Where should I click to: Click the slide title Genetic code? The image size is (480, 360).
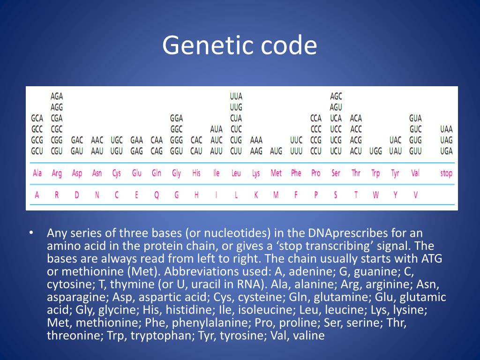[240, 46]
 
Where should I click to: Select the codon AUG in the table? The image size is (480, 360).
[276, 151]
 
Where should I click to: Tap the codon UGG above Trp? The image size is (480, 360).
[375, 151]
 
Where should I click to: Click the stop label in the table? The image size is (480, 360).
[446, 173]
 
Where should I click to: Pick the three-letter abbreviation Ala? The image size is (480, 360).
[37, 173]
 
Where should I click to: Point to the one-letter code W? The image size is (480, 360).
[375, 195]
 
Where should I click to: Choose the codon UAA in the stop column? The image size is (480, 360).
[446, 129]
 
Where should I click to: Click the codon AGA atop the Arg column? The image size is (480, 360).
[57, 96]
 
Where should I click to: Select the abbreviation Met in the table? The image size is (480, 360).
[276, 173]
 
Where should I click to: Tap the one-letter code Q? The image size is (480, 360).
[157, 195]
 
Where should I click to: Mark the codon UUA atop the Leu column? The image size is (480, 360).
[236, 96]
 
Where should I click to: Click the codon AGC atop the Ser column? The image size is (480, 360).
[336, 96]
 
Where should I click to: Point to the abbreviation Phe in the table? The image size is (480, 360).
[296, 173]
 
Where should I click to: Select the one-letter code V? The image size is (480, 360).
[415, 195]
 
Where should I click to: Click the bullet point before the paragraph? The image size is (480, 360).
[31, 233]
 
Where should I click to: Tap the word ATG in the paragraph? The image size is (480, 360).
[431, 259]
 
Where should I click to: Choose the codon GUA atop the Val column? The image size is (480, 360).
[415, 118]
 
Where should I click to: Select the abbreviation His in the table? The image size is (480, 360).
[196, 173]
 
